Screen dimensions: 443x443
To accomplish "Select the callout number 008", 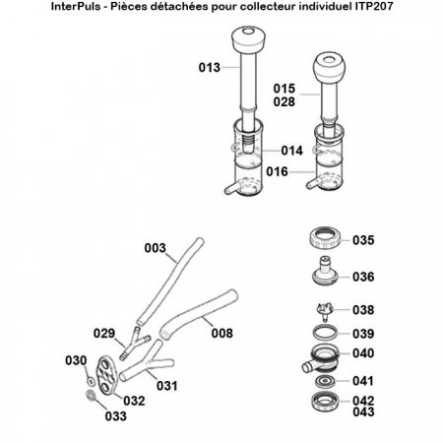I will coord(223,334).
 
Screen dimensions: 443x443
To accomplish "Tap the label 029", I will coord(106,335).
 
